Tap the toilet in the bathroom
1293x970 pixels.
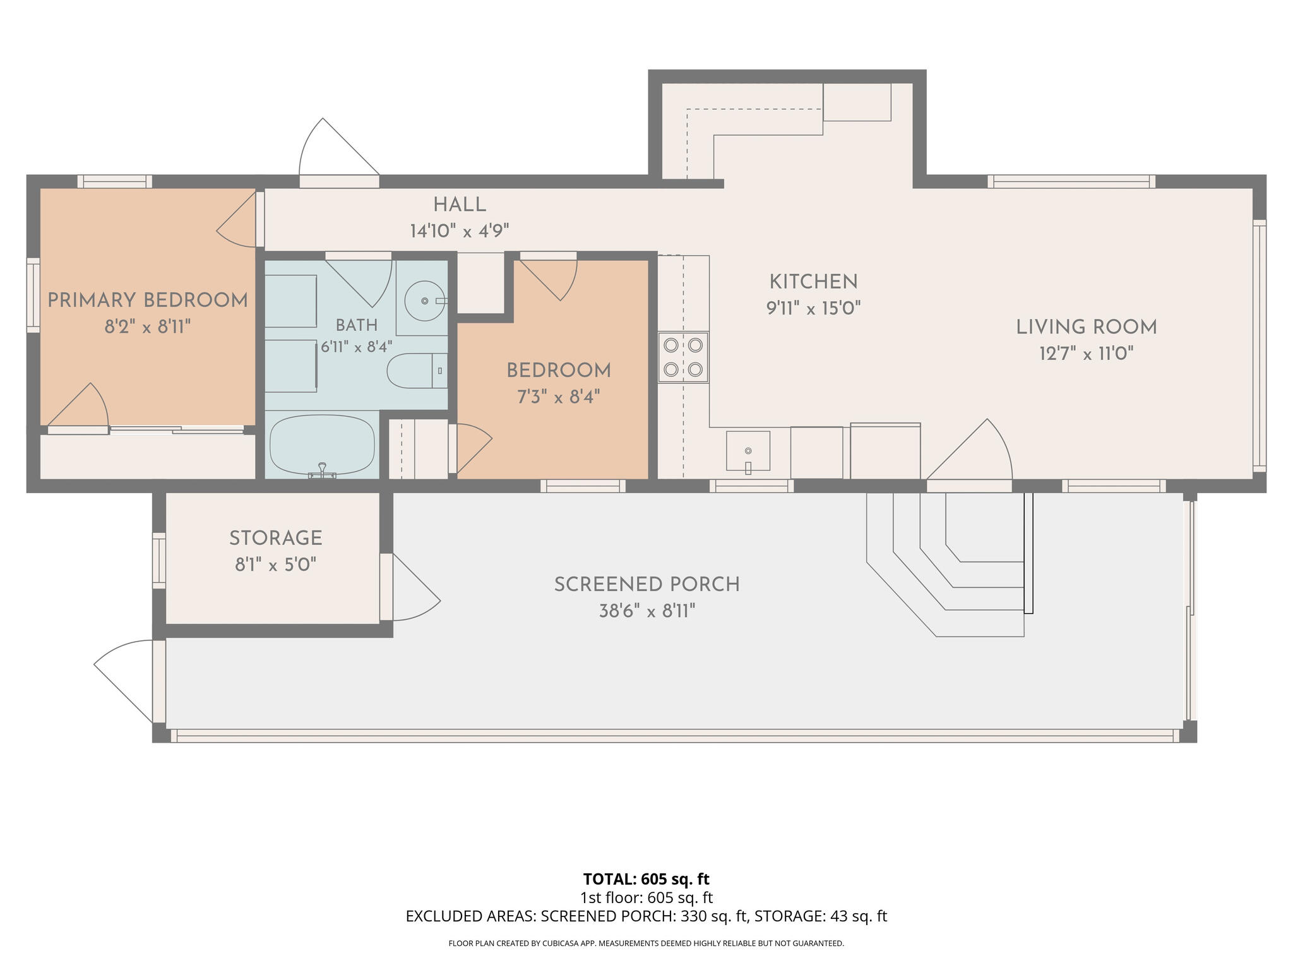pos(417,371)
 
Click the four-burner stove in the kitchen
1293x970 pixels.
pos(683,357)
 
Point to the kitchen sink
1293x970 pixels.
pos(748,452)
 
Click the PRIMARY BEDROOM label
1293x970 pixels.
pos(148,300)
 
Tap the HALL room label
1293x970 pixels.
pos(460,205)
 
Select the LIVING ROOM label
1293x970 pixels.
pos(1087,327)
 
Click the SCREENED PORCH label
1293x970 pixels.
pos(647,585)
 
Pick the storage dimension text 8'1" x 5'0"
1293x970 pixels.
pos(276,564)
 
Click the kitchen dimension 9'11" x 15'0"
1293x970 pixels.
pos(814,308)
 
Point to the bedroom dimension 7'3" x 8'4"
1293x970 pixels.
pos(559,397)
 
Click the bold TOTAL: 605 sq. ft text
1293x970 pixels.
pos(646,878)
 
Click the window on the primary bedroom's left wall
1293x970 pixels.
pos(33,295)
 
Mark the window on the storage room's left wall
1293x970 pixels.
pos(159,561)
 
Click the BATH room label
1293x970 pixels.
pos(357,325)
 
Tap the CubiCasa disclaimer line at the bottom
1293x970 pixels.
pos(646,943)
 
